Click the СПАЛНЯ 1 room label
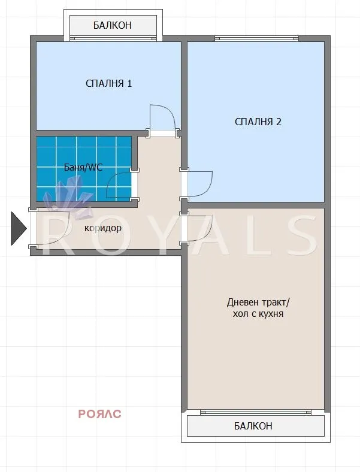(x=108, y=83)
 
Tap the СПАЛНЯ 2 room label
(x=258, y=122)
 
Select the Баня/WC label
(x=83, y=167)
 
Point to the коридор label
(x=103, y=228)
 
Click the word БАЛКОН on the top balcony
(x=112, y=26)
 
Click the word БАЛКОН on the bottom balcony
(x=252, y=426)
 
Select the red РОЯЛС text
(x=99, y=413)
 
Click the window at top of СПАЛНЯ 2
(x=257, y=39)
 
